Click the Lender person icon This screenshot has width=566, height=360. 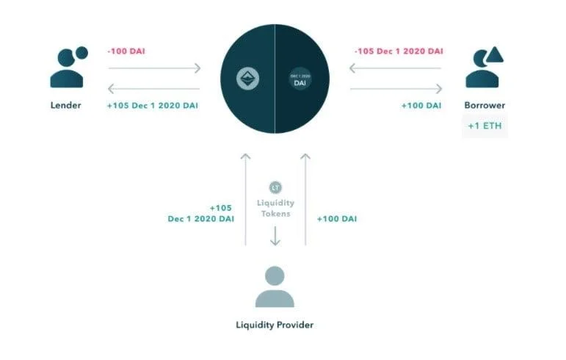(68, 68)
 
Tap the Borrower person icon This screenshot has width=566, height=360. (484, 68)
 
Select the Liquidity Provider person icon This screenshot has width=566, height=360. (275, 287)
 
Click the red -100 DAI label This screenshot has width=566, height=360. (126, 51)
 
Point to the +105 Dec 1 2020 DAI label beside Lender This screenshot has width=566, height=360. (153, 106)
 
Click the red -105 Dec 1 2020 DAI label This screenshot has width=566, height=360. (399, 51)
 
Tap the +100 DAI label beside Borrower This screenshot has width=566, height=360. (421, 106)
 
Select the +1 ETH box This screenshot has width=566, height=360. (485, 126)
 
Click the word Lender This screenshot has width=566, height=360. (65, 106)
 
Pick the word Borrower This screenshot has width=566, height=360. (485, 106)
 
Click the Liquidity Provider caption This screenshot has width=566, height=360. (275, 325)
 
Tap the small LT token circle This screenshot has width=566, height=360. (275, 188)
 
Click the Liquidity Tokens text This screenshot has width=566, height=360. (275, 209)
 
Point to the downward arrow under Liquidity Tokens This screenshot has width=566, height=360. (275, 236)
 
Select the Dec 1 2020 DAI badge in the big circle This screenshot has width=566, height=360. (300, 79)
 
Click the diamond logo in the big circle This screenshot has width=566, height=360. (247, 79)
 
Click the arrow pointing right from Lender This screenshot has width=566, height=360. (154, 68)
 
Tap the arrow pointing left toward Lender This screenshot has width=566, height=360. (153, 88)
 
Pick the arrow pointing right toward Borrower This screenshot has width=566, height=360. (396, 88)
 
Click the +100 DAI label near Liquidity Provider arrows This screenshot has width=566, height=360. (337, 219)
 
